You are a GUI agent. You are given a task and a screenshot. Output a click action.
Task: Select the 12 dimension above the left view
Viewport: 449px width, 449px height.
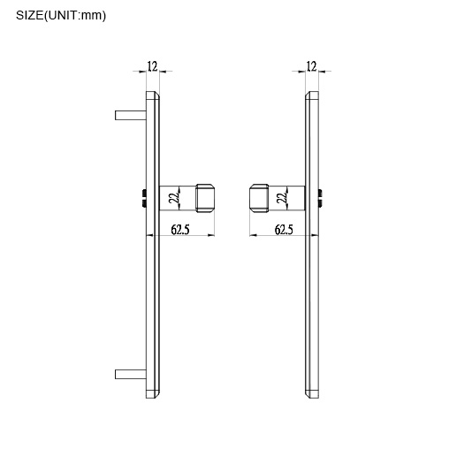click(x=152, y=65)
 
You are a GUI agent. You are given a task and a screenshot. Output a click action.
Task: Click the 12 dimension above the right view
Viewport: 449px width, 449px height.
click(x=311, y=65)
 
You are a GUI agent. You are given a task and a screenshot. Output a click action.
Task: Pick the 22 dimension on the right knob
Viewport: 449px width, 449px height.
click(x=280, y=198)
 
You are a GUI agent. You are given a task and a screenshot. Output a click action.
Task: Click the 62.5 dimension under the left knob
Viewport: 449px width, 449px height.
click(x=179, y=230)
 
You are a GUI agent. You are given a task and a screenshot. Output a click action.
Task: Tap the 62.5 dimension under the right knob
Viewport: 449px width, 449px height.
click(x=284, y=230)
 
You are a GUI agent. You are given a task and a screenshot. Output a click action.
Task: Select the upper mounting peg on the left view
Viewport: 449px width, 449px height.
click(x=129, y=114)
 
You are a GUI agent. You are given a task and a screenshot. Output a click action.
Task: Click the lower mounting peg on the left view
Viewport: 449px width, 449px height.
click(x=129, y=374)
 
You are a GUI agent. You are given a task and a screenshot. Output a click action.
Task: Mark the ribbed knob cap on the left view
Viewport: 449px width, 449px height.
click(x=206, y=198)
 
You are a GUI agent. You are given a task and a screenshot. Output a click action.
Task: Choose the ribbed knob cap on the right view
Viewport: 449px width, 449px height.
click(x=258, y=198)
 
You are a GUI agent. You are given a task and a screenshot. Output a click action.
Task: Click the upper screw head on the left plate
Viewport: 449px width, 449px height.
click(x=142, y=192)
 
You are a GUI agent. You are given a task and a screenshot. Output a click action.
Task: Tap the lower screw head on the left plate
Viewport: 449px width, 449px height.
click(x=142, y=203)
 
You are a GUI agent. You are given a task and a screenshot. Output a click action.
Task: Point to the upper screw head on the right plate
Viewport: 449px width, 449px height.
click(x=322, y=192)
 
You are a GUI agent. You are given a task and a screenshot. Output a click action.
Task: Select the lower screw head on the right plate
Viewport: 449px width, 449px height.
click(x=322, y=203)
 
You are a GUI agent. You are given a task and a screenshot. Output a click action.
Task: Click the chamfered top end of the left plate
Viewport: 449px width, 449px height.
click(x=152, y=93)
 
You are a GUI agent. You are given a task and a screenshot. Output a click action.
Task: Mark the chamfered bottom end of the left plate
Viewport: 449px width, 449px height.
click(x=152, y=392)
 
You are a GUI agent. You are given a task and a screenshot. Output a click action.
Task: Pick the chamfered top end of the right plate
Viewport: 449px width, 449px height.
click(x=311, y=93)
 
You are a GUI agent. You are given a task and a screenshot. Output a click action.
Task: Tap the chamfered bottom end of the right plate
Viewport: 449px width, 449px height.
click(x=311, y=392)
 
